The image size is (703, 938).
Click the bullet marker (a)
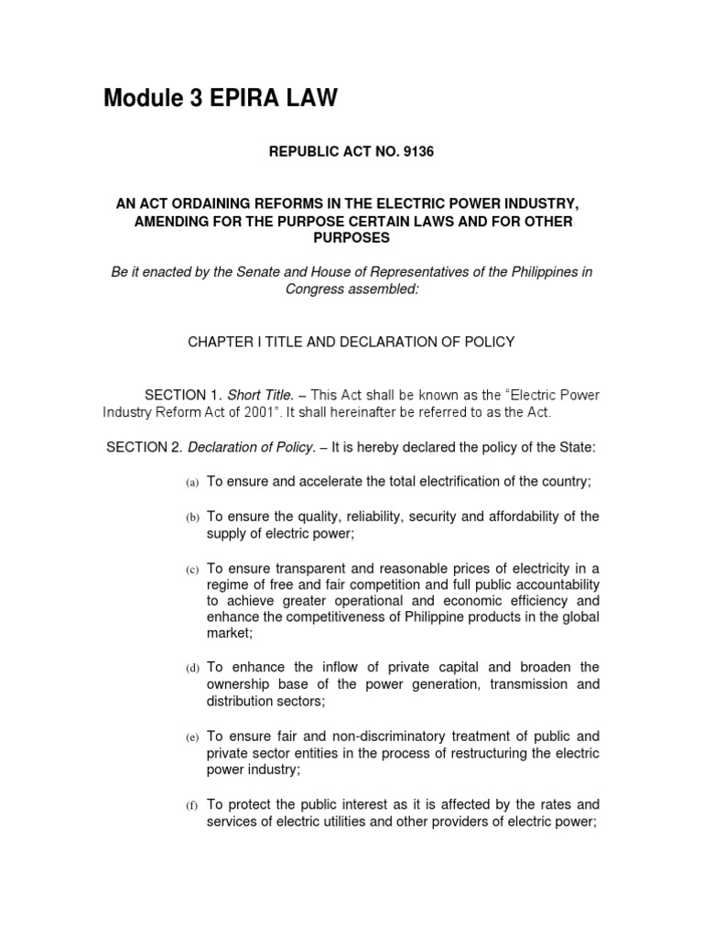(x=192, y=483)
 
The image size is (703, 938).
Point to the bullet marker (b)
(x=192, y=518)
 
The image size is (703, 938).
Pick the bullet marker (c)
(x=192, y=570)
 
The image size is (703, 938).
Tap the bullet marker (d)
(x=192, y=669)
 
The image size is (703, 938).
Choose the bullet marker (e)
(x=192, y=737)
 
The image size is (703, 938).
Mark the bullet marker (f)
(x=192, y=806)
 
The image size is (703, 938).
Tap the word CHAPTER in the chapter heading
(x=220, y=342)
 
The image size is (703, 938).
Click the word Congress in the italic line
(x=312, y=290)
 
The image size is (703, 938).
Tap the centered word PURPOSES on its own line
(x=351, y=237)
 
